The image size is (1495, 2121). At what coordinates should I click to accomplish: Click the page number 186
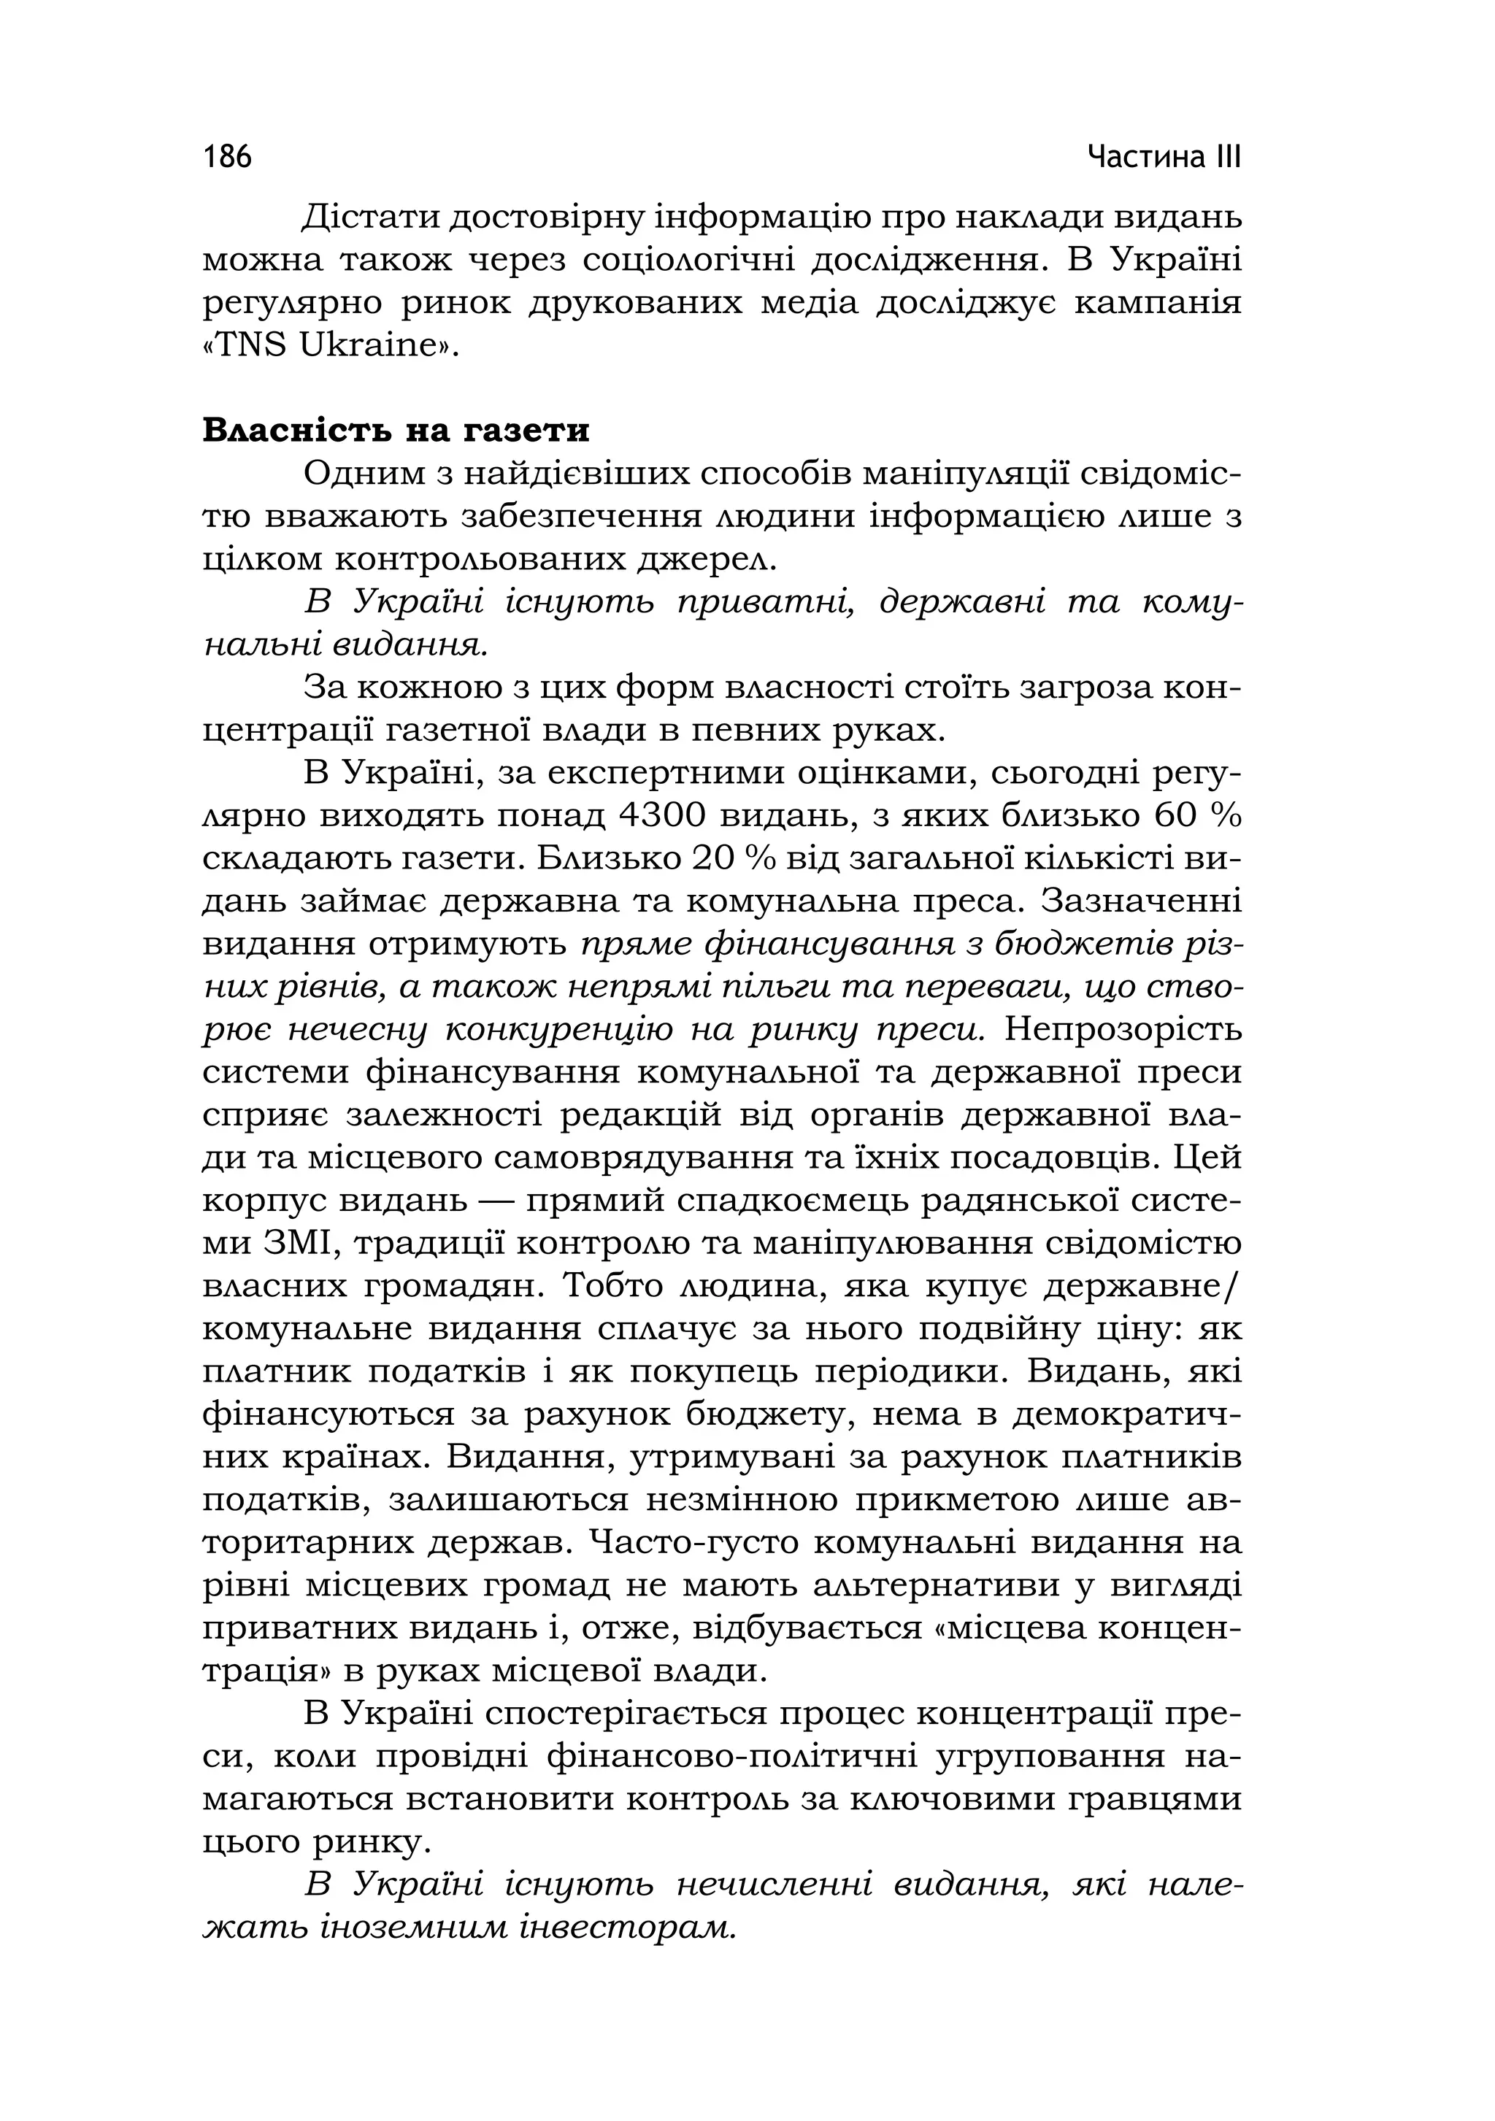click(227, 157)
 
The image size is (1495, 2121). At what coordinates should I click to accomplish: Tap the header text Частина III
click(1164, 157)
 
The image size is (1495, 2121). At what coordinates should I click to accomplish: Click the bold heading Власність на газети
click(396, 431)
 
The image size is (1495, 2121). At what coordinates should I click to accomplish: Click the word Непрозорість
click(1123, 1029)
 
